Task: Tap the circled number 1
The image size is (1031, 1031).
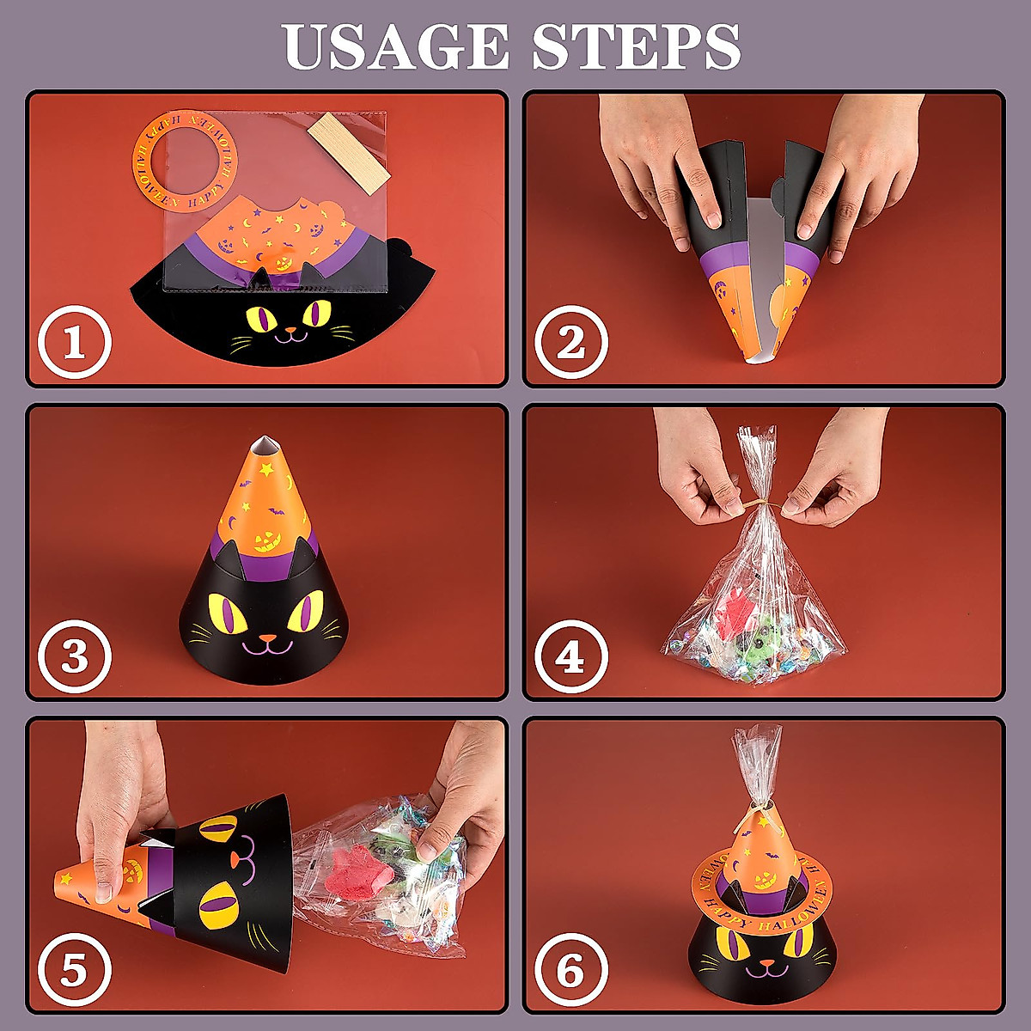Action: [75, 344]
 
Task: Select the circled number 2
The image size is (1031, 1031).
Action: [571, 344]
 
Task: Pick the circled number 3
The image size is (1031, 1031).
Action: [75, 657]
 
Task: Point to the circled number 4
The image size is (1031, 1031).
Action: [571, 657]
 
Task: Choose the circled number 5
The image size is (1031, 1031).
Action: [75, 972]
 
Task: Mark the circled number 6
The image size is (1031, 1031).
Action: [571, 972]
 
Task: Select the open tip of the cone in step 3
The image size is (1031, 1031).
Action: [265, 444]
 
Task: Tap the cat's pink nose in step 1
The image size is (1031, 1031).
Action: [290, 330]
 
